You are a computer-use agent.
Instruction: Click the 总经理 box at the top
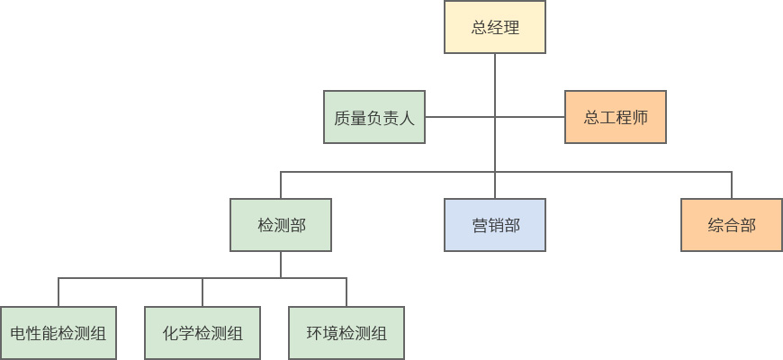click(x=495, y=27)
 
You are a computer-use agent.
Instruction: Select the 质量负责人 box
click(x=373, y=117)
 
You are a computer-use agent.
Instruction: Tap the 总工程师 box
click(x=616, y=117)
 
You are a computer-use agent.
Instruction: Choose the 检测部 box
click(x=281, y=225)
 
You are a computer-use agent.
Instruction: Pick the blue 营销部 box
click(x=495, y=225)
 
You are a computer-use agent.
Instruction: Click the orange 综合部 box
click(x=732, y=225)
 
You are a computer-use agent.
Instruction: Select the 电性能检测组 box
click(x=58, y=333)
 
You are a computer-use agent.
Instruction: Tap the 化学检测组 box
click(x=202, y=333)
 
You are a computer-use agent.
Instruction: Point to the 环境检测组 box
click(x=346, y=333)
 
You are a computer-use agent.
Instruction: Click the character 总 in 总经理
click(x=480, y=27)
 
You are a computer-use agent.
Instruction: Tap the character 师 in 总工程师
click(x=640, y=117)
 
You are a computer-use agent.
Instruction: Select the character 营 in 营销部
click(x=480, y=225)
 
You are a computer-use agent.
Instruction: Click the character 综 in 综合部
click(x=716, y=225)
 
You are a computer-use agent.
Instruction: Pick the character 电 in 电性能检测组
click(x=18, y=333)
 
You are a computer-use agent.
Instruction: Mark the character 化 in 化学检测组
click(x=170, y=333)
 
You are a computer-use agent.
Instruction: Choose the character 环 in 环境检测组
click(x=314, y=333)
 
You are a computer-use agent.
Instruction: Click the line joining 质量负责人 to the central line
click(x=459, y=117)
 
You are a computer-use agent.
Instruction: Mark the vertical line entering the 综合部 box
click(x=732, y=184)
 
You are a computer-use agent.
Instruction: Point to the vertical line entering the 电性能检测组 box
click(x=58, y=292)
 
